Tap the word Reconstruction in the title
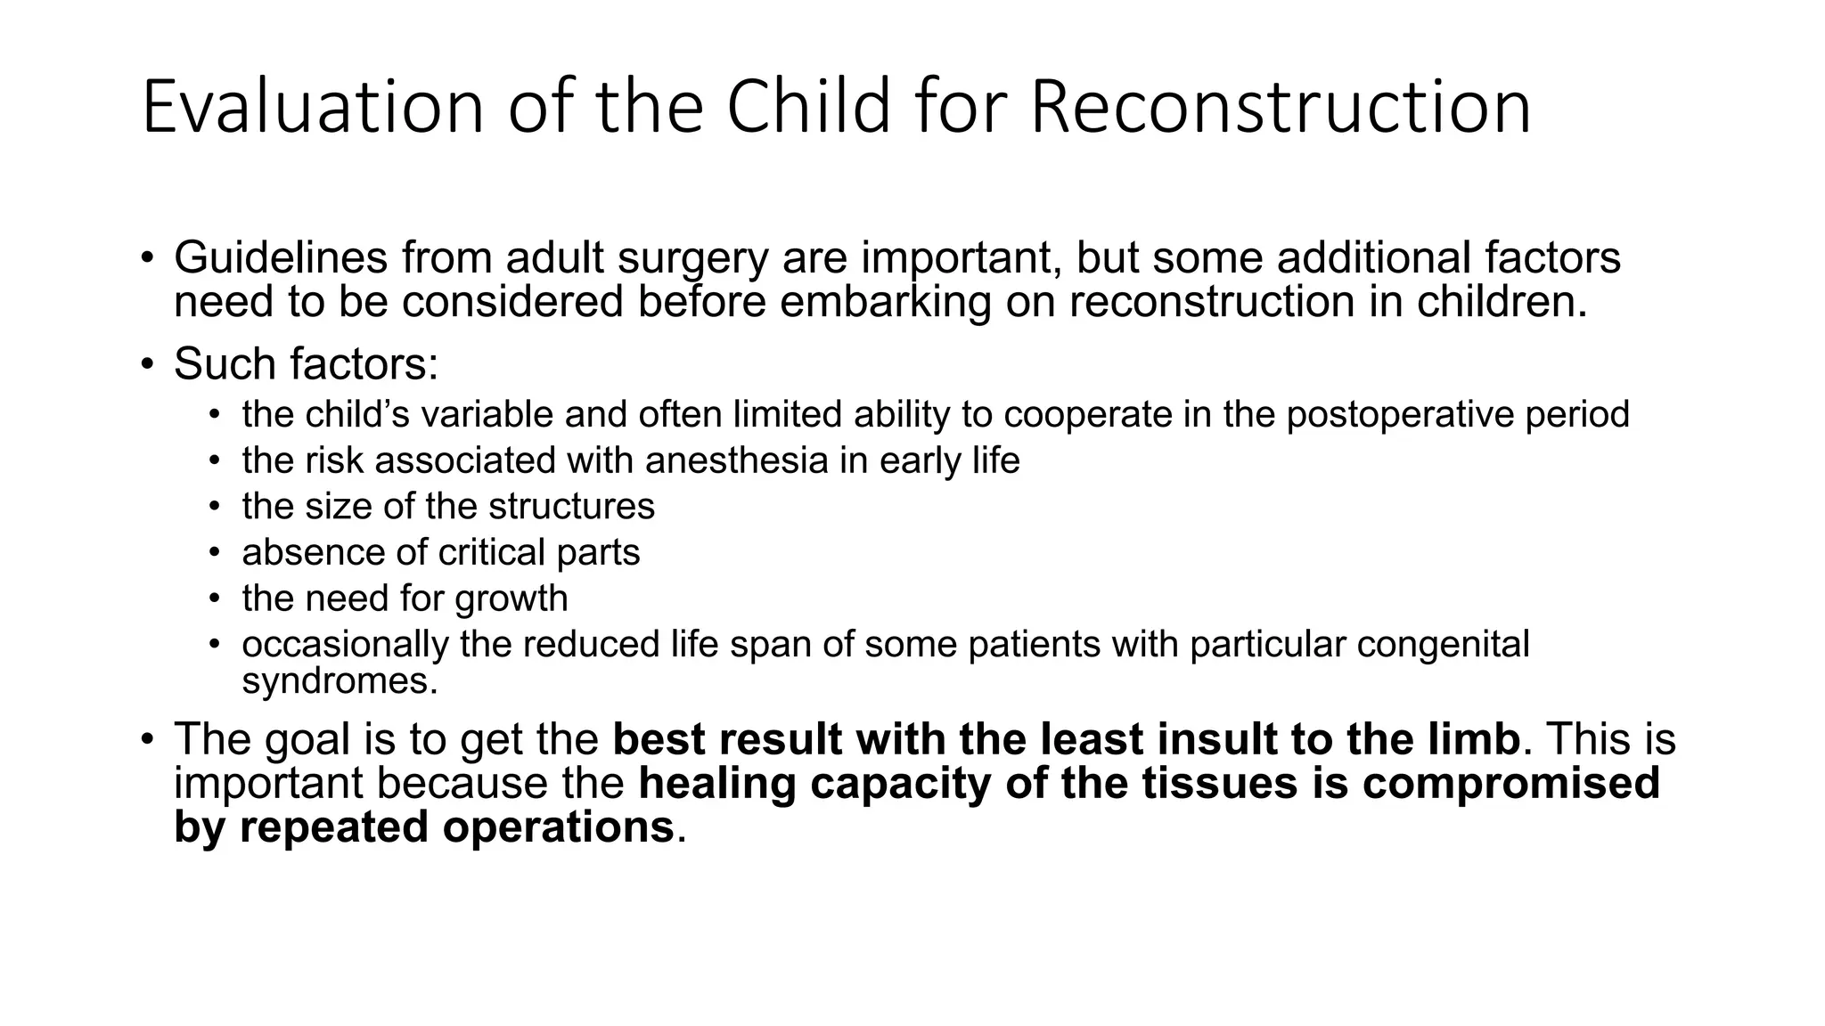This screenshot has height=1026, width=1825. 1281,108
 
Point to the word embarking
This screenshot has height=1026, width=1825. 885,302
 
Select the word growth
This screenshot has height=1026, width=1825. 511,598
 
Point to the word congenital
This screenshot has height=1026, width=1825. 1443,644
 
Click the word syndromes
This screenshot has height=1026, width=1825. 340,681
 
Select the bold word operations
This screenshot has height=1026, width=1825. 558,827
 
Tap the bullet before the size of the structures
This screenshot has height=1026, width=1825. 214,507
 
